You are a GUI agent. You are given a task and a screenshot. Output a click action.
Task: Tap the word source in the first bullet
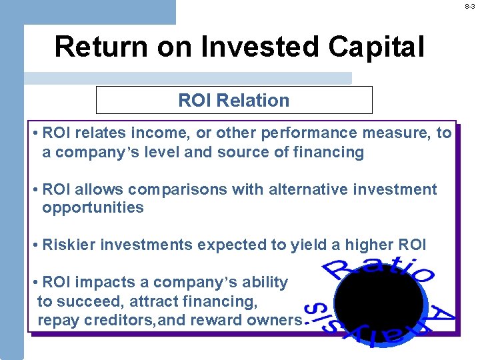click(247, 152)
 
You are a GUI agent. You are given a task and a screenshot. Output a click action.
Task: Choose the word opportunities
click(93, 207)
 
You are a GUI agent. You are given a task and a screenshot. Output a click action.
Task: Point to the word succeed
click(85, 301)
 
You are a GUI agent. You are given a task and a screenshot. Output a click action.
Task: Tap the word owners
click(275, 320)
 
